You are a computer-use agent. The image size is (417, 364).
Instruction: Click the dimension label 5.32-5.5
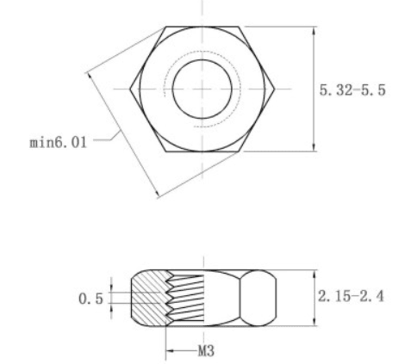(x=352, y=89)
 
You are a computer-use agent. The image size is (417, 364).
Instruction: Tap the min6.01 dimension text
(x=58, y=142)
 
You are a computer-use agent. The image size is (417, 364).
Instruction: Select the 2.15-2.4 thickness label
(x=351, y=296)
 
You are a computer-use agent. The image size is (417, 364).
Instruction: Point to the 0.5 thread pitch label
(x=90, y=299)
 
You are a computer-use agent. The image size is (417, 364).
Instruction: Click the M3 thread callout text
(x=206, y=350)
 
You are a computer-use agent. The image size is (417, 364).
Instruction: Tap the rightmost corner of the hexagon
(x=275, y=89)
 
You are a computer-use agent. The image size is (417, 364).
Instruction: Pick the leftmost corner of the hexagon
(x=130, y=89)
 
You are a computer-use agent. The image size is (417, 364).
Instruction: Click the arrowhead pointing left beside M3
(x=170, y=350)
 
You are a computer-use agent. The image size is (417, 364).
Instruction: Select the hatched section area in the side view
(x=149, y=299)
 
